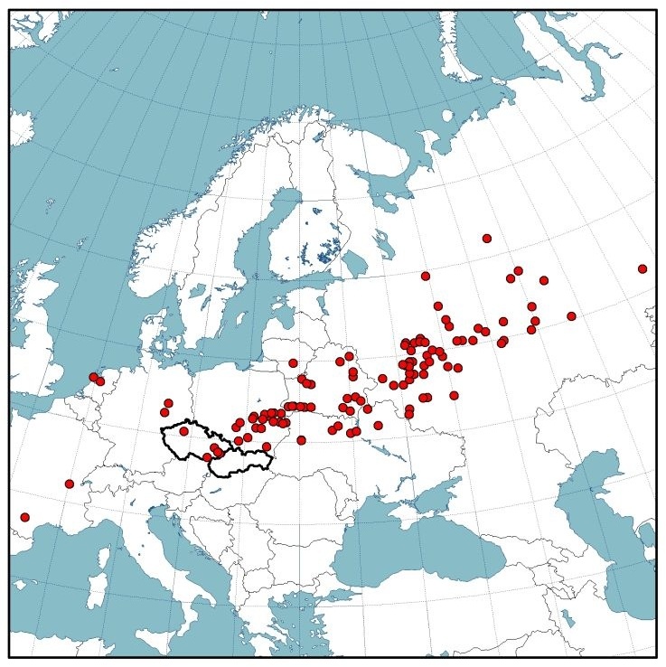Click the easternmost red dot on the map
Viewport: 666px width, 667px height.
coord(643,268)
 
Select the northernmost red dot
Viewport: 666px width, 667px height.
coord(487,239)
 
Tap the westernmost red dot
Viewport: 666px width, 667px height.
coord(24,517)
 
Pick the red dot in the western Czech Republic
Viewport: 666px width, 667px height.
coord(183,431)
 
